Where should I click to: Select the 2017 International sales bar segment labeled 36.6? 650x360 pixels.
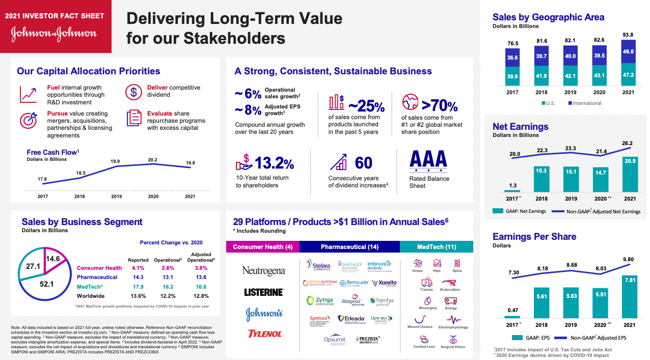tap(512, 58)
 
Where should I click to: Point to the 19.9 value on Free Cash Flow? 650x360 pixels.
tap(115, 161)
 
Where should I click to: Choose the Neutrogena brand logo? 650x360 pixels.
tap(263, 271)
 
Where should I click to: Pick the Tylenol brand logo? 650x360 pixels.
tap(263, 334)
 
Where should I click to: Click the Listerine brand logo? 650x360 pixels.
tap(263, 292)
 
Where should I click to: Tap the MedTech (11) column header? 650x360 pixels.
tap(437, 247)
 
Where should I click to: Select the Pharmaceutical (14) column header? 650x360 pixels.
tap(349, 247)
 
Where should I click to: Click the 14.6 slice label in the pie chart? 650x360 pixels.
tap(53, 259)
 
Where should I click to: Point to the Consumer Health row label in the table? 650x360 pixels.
tap(99, 268)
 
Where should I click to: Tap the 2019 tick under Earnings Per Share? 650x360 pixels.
tap(571, 325)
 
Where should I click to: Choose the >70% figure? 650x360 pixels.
tap(439, 106)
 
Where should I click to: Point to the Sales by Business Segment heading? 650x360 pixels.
tap(82, 222)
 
